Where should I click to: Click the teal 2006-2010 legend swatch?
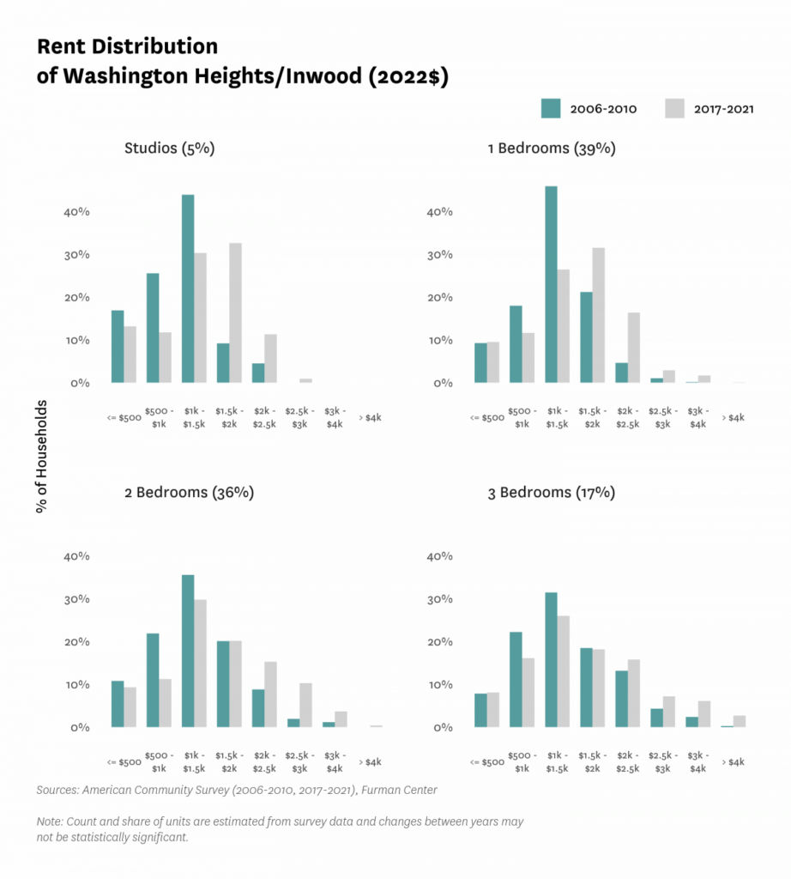(551, 108)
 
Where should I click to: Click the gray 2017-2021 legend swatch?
(674, 108)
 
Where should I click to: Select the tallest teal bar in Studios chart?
(187, 288)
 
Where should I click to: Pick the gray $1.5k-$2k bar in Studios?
(235, 312)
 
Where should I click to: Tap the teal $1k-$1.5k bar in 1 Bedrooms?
(551, 284)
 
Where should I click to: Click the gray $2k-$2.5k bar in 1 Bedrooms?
(633, 348)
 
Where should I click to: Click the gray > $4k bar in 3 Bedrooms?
(739, 721)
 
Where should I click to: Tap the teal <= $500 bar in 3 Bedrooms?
(480, 710)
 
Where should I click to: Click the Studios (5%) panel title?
(169, 149)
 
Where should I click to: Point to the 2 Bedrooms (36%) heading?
(189, 493)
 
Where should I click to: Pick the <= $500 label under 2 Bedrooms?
(124, 761)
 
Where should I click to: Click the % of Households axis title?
(41, 456)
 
